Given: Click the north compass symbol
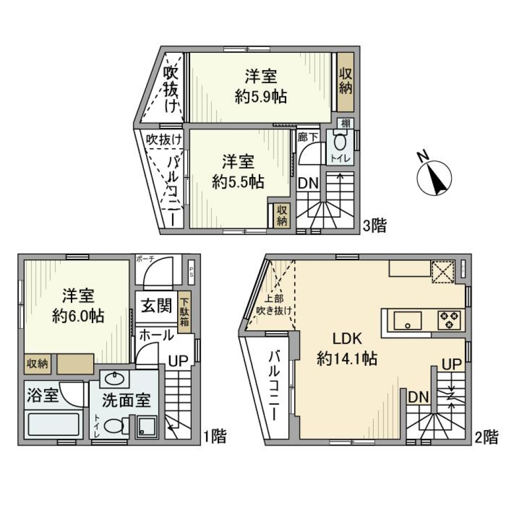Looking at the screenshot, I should click(435, 177).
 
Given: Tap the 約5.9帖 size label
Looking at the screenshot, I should click(260, 97).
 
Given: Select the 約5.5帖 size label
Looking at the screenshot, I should click(238, 182).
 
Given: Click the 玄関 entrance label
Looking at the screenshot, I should click(155, 305).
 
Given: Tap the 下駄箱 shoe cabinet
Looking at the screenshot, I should click(184, 312).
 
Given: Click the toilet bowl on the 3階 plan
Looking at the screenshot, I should click(340, 142).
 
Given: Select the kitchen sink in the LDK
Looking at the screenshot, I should click(407, 320).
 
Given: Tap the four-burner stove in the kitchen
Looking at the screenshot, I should click(449, 320).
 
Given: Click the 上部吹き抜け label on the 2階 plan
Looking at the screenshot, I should click(274, 306).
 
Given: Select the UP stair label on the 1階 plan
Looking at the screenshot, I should click(178, 361).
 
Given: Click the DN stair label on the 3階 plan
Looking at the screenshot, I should click(308, 183).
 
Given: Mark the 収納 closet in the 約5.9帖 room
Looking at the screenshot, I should click(345, 82).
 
